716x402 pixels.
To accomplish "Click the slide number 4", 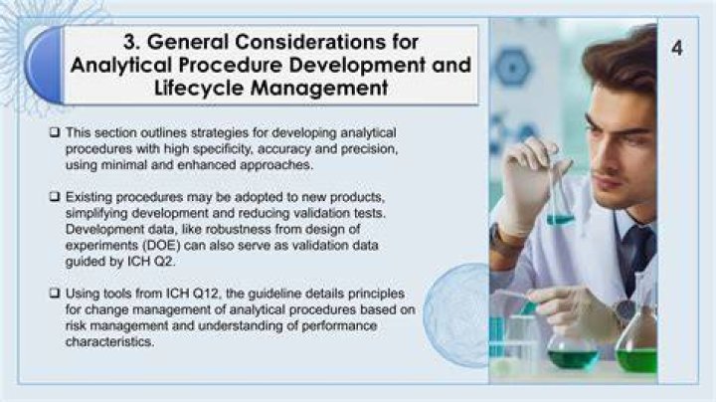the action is click(x=677, y=48).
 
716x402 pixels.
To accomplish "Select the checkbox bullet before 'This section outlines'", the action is click(x=55, y=132).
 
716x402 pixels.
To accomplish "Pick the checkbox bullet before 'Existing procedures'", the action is click(x=55, y=197).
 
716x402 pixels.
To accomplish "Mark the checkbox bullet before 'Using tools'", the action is click(x=55, y=294).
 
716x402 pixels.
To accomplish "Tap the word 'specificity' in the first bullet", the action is click(x=222, y=149).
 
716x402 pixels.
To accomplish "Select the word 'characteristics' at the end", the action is click(x=109, y=341).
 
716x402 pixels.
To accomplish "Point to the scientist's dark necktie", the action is click(x=636, y=256).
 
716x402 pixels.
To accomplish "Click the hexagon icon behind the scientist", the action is click(x=513, y=67).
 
